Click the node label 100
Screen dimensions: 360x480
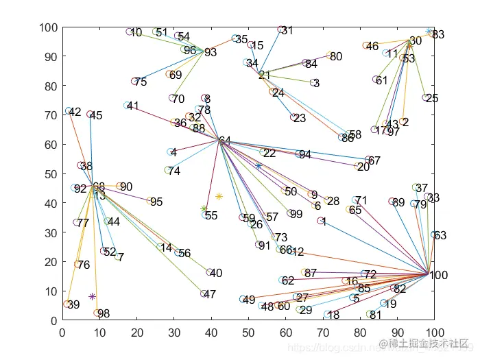click(x=439, y=276)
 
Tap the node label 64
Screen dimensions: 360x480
click(x=225, y=141)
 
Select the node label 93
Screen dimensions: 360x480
click(x=211, y=52)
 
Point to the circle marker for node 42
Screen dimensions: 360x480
click(x=69, y=111)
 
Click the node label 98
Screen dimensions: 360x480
click(x=104, y=314)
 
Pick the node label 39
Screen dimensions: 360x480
click(x=73, y=304)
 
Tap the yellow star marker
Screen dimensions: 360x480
click(x=219, y=197)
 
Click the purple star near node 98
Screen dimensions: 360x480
click(x=92, y=296)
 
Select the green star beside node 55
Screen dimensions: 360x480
click(x=204, y=208)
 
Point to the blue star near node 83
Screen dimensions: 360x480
click(x=429, y=32)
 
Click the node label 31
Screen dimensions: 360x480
click(x=287, y=31)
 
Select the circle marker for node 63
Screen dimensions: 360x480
click(x=433, y=235)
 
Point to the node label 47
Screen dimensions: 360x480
click(x=210, y=294)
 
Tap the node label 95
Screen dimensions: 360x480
click(x=156, y=202)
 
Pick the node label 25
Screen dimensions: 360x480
click(x=432, y=99)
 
